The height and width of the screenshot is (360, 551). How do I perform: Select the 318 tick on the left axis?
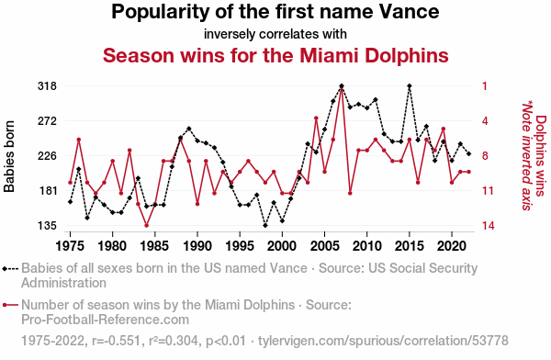[x=47, y=86]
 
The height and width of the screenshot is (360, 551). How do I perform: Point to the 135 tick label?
[x=47, y=226]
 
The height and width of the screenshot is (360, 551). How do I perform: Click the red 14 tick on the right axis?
[x=489, y=226]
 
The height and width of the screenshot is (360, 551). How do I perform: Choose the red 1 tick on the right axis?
[x=485, y=86]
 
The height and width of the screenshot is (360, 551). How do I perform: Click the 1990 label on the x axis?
[x=197, y=246]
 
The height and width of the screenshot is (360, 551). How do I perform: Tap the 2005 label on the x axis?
[x=325, y=246]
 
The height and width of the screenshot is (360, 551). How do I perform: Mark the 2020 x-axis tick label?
[x=452, y=246]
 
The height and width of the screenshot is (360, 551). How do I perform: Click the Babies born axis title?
[x=9, y=156]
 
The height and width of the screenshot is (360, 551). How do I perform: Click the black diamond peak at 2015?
[x=410, y=86]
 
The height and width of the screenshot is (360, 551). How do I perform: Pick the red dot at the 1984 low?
[x=147, y=225]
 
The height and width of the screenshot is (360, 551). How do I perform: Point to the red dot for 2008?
[x=350, y=194]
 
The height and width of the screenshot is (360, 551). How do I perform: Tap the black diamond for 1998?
[x=265, y=225]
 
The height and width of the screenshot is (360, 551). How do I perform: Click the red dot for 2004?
[x=316, y=118]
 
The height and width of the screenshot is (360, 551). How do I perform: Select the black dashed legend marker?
[x=10, y=269]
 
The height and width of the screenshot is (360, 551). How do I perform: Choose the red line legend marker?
[x=10, y=305]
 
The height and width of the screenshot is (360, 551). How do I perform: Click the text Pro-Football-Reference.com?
[x=105, y=320]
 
